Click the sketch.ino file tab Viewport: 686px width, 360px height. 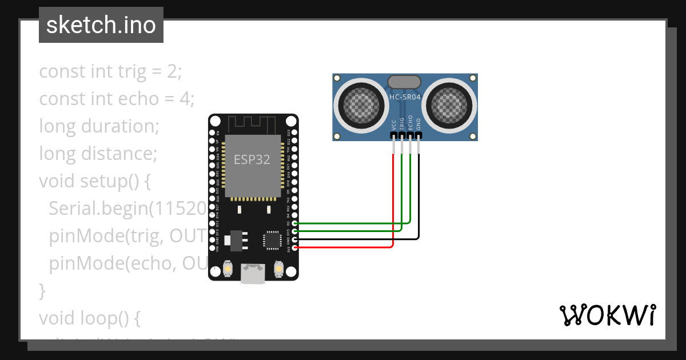pos(101,25)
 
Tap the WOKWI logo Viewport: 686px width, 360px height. pos(607,315)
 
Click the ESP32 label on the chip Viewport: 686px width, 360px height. pos(252,159)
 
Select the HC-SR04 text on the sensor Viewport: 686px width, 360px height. pos(405,97)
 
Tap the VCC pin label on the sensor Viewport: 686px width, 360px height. pos(393,125)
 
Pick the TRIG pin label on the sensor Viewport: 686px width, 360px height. pos(402,125)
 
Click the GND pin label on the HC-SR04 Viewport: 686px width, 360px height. pos(418,125)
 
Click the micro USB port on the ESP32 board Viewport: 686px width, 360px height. pos(253,273)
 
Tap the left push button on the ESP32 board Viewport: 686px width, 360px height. pos(228,268)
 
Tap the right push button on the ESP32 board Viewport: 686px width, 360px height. pos(278,268)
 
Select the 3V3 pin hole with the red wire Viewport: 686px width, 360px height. pos(294,247)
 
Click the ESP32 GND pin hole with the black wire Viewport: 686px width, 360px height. pos(294,239)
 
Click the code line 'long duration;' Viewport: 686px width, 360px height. pos(99,126)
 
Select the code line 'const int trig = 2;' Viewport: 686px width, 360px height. pos(110,71)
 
